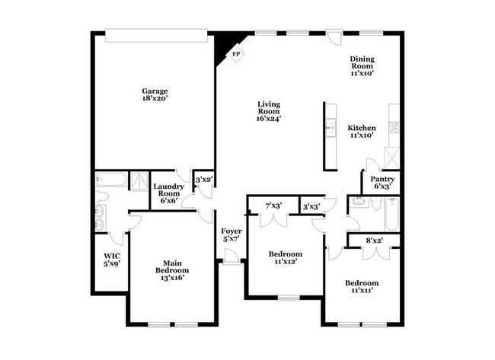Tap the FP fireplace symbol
click(x=236, y=55)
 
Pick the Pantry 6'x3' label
click(x=383, y=183)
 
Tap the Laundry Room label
click(x=168, y=194)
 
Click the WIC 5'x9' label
click(x=111, y=260)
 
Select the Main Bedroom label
click(x=172, y=270)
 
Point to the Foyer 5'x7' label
click(x=232, y=234)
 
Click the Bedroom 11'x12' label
click(x=286, y=257)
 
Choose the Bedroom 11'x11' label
click(x=361, y=287)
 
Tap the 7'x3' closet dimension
click(x=273, y=205)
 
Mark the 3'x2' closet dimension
click(x=203, y=180)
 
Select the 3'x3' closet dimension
click(x=311, y=206)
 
